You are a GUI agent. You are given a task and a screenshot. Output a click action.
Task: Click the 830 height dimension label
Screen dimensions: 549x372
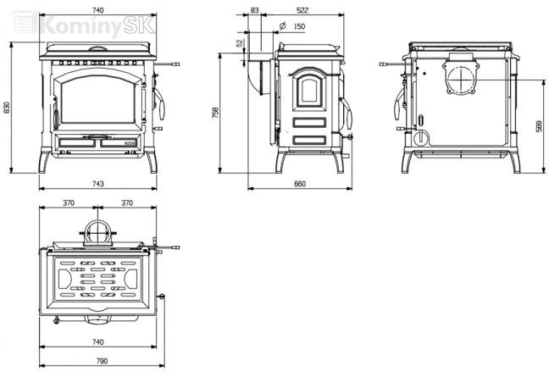click(7, 107)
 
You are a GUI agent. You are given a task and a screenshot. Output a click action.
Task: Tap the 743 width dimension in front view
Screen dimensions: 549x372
click(98, 184)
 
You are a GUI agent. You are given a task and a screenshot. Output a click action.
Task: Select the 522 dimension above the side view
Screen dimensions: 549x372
click(302, 10)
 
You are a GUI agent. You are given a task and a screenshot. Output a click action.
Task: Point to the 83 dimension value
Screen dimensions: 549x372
click(254, 10)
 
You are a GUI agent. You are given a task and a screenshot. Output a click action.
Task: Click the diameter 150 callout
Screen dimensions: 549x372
click(292, 26)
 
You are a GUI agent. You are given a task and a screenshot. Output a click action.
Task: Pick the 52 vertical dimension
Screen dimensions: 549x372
click(240, 43)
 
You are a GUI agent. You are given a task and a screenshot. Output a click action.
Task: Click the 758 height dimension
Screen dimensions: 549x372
click(215, 113)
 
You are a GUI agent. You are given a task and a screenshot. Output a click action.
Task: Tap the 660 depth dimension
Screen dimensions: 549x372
click(300, 184)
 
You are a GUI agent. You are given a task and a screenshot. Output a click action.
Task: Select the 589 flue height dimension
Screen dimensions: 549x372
click(539, 126)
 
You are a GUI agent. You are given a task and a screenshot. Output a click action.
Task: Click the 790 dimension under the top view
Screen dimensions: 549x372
click(102, 361)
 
